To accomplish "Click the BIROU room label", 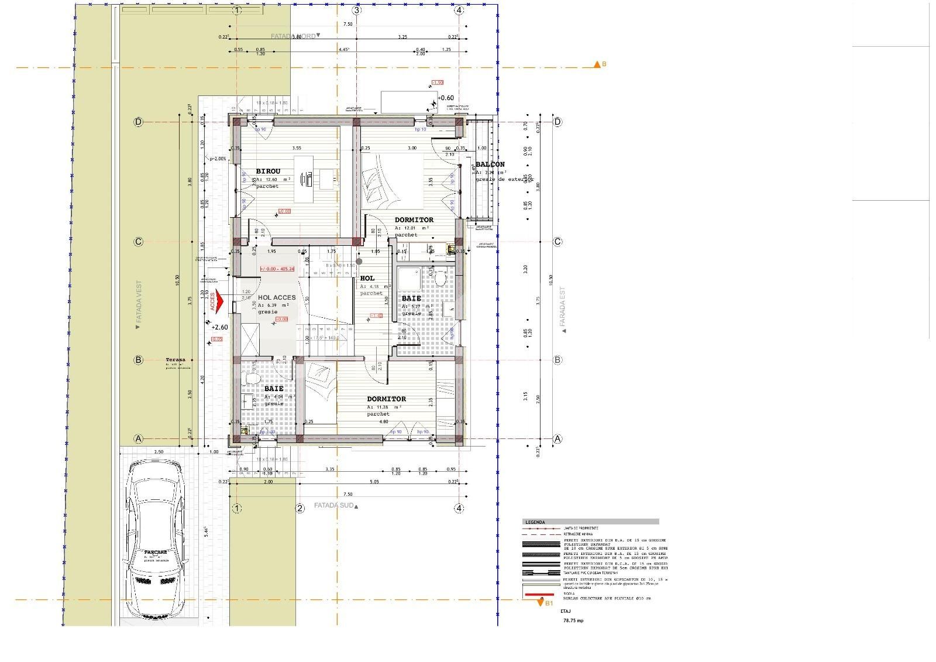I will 268,171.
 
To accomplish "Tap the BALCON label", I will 490,164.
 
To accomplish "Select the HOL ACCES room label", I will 277,297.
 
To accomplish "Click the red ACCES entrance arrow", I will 217,301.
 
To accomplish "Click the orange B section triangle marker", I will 597,64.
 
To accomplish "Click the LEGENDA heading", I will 535,522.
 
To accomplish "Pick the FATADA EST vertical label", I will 563,307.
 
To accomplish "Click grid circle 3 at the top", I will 357,10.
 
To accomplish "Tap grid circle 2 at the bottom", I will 300,509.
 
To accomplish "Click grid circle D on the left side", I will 139,122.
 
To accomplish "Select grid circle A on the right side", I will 558,439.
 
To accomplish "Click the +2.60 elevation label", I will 219,327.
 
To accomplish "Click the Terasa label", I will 175,360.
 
